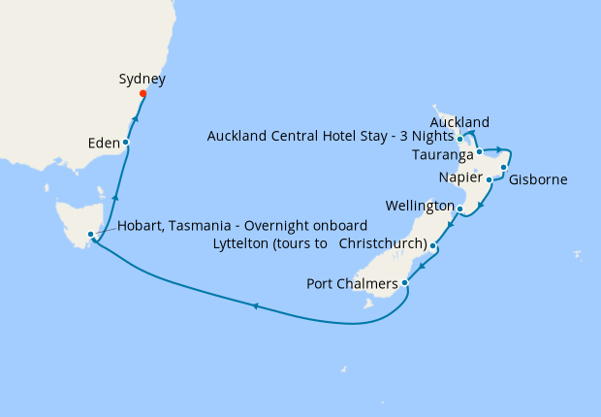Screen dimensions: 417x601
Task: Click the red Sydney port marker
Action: click(142, 94)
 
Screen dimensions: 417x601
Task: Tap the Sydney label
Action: click(142, 79)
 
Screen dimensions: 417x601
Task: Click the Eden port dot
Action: click(126, 143)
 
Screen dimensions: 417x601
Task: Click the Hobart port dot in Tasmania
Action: click(90, 235)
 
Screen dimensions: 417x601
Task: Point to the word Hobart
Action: click(141, 225)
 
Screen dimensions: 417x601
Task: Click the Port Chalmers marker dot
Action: click(405, 283)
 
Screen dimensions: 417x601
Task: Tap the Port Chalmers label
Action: click(351, 284)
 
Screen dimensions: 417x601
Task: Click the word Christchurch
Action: click(383, 244)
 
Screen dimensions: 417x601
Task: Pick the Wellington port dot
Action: click(459, 208)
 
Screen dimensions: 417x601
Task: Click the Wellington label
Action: click(419, 207)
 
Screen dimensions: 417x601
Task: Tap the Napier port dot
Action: click(490, 179)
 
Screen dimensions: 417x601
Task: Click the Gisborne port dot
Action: click(504, 168)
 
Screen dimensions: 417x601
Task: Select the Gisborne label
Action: click(538, 179)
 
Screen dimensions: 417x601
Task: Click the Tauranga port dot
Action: click(479, 152)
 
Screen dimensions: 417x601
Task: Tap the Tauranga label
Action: click(442, 155)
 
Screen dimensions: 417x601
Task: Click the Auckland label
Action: click(459, 122)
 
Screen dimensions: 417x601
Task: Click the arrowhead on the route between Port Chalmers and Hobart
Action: click(255, 306)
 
